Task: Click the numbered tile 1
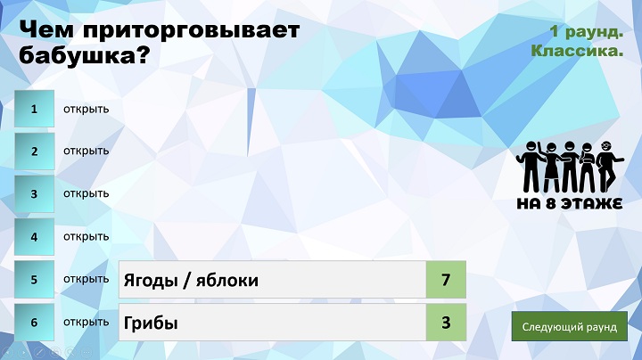pyautogui.click(x=35, y=109)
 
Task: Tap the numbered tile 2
pyautogui.click(x=35, y=151)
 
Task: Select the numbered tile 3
pyautogui.click(x=35, y=194)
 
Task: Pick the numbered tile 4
pyautogui.click(x=35, y=237)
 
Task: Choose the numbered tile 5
pyautogui.click(x=35, y=280)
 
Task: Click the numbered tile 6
pyautogui.click(x=35, y=323)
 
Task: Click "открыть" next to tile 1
pyautogui.click(x=86, y=110)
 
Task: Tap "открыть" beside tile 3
pyautogui.click(x=86, y=193)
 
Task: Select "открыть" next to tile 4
pyautogui.click(x=86, y=236)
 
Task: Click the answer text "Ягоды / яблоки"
pyautogui.click(x=191, y=280)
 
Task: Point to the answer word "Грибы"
pyautogui.click(x=151, y=323)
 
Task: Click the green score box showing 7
pyautogui.click(x=446, y=280)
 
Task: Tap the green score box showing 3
pyautogui.click(x=446, y=323)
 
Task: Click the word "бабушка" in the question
pyautogui.click(x=76, y=54)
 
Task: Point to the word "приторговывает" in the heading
pyautogui.click(x=191, y=31)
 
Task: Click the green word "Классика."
pyautogui.click(x=577, y=51)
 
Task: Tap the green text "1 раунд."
pyautogui.click(x=587, y=31)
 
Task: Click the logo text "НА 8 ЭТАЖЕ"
pyautogui.click(x=570, y=204)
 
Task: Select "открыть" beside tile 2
pyautogui.click(x=86, y=151)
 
